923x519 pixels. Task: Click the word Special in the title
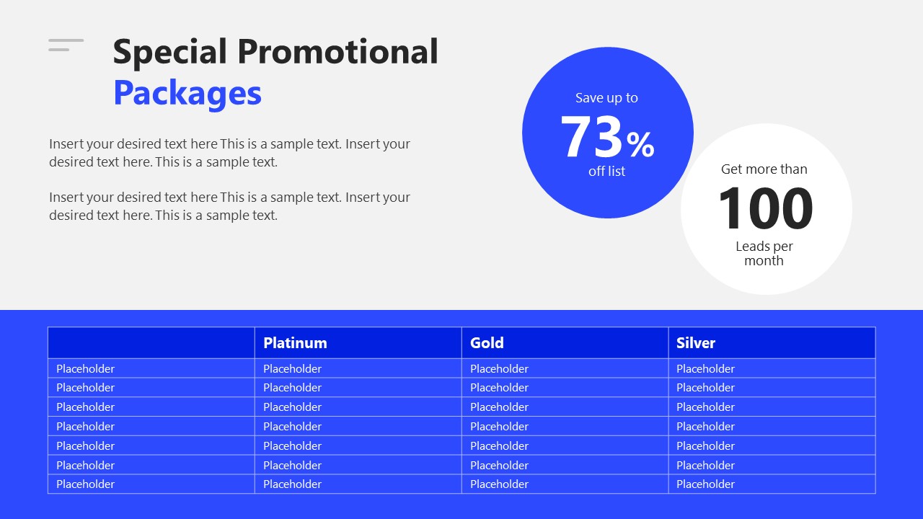pyautogui.click(x=170, y=52)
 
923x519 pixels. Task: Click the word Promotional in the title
pyautogui.click(x=337, y=52)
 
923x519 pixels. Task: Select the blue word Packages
pyautogui.click(x=187, y=93)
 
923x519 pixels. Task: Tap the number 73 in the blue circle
pyautogui.click(x=591, y=137)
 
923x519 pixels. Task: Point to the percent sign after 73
pyautogui.click(x=640, y=144)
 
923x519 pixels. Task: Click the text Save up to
pyautogui.click(x=606, y=98)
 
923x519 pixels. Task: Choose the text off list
pyautogui.click(x=606, y=172)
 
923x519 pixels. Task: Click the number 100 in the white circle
pyautogui.click(x=765, y=208)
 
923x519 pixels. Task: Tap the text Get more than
pyautogui.click(x=764, y=169)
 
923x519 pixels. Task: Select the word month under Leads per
pyautogui.click(x=764, y=261)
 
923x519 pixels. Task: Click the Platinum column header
pyautogui.click(x=295, y=343)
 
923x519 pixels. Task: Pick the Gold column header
pyautogui.click(x=487, y=343)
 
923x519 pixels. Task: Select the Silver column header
pyautogui.click(x=696, y=343)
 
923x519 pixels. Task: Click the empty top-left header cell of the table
pyautogui.click(x=151, y=343)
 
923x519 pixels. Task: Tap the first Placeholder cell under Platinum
pyautogui.click(x=292, y=369)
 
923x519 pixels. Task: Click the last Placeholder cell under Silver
pyautogui.click(x=705, y=484)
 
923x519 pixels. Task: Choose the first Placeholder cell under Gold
pyautogui.click(x=499, y=369)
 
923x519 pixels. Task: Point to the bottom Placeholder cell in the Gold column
pyautogui.click(x=499, y=484)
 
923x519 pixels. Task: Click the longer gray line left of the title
pyautogui.click(x=66, y=40)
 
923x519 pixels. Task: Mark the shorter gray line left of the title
pyautogui.click(x=59, y=50)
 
